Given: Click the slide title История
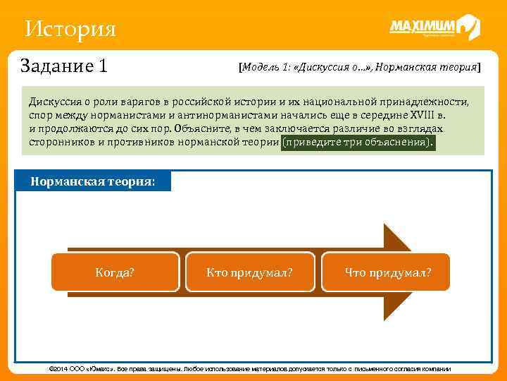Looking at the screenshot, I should [69, 29].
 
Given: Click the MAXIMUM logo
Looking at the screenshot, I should [434, 28].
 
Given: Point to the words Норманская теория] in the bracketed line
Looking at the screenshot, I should [429, 68].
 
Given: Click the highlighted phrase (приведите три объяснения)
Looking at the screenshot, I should [358, 143].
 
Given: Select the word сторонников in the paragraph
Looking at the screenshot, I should [60, 143].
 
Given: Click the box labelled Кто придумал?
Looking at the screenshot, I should [249, 272].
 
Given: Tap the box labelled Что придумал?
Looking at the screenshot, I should [387, 272].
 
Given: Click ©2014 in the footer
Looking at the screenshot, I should [59, 369].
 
